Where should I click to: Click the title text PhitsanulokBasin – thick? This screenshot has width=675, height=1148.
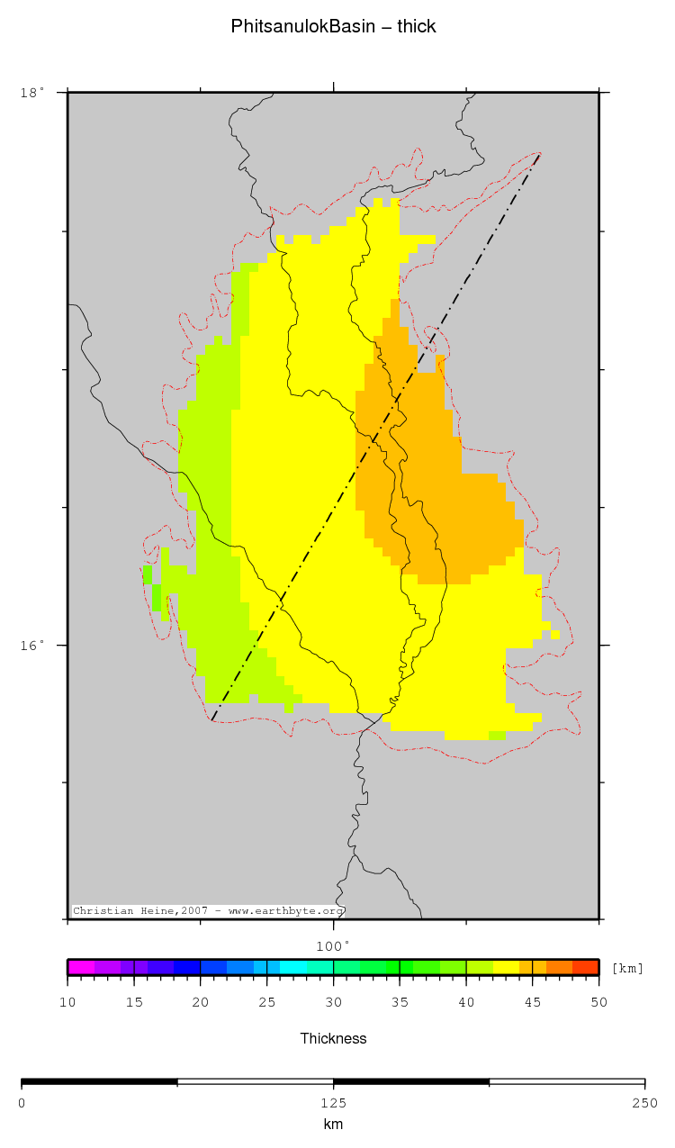[333, 26]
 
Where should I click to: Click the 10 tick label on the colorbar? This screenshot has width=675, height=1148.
[67, 1002]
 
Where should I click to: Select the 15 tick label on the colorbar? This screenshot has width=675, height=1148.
[134, 1002]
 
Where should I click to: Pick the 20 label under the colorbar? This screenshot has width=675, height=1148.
[201, 1002]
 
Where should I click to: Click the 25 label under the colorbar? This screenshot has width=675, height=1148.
[267, 1002]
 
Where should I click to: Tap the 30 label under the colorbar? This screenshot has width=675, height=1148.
[333, 1002]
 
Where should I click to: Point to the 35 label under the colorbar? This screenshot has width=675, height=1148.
[400, 1002]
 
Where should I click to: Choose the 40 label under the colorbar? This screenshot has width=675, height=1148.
[466, 1002]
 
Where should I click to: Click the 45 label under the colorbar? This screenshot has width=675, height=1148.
[533, 1002]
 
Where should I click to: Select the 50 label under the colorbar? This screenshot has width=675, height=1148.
[598, 1002]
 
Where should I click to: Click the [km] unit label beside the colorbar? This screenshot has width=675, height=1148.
[627, 969]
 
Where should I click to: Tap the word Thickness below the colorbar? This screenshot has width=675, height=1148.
[333, 1038]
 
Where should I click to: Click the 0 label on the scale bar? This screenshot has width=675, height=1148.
[22, 1103]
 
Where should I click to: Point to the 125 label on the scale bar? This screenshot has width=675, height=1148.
[333, 1103]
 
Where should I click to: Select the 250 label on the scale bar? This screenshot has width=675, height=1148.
[644, 1103]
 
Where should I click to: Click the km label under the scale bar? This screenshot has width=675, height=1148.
[333, 1124]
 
